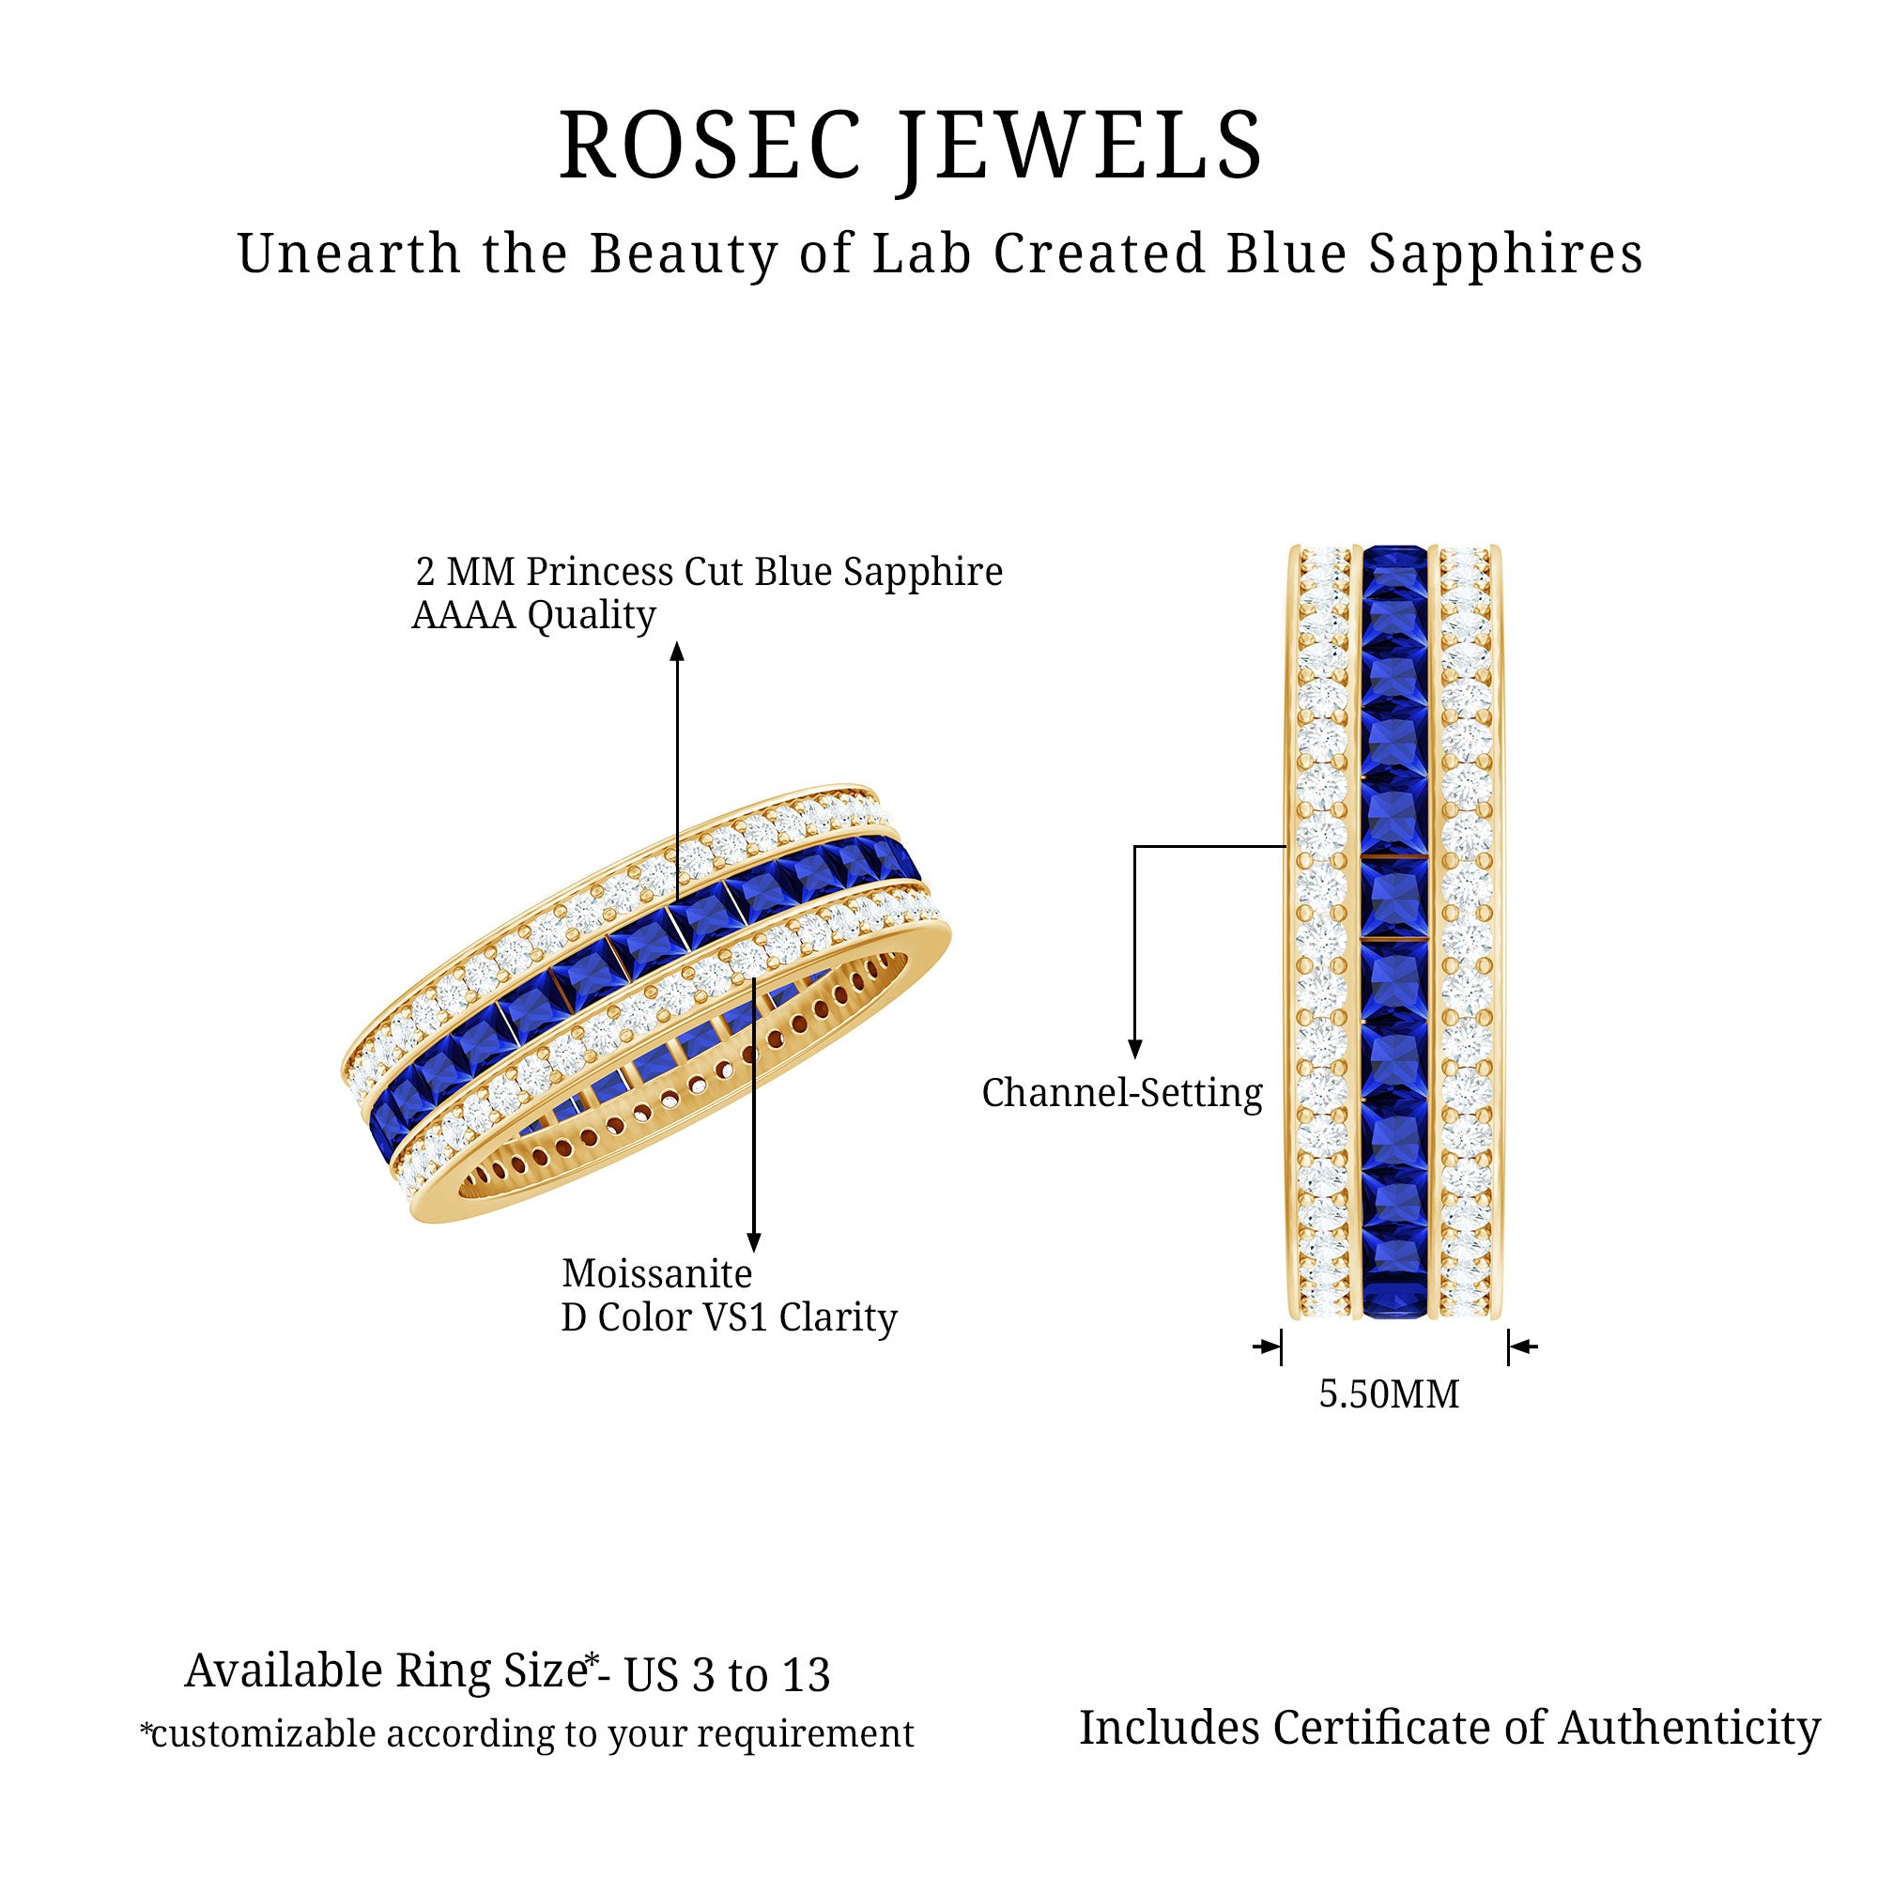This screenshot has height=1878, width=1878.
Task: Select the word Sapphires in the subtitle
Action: pyautogui.click(x=1506, y=255)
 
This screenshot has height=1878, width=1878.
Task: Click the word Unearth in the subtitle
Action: pyautogui.click(x=349, y=254)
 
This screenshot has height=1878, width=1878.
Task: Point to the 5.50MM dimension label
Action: pyautogui.click(x=1389, y=1395)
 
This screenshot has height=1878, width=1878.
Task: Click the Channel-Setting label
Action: pyautogui.click(x=1122, y=1093)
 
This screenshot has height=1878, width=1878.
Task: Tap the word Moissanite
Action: pyautogui.click(x=657, y=1273)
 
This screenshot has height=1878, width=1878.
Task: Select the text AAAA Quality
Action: pyautogui.click(x=533, y=615)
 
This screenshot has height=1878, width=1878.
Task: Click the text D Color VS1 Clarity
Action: pyautogui.click(x=729, y=1318)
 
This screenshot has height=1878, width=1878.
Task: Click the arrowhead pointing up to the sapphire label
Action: pyautogui.click(x=678, y=651)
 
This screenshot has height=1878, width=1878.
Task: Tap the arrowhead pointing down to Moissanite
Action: pyautogui.click(x=753, y=1242)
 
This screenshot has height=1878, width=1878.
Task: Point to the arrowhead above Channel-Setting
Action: pyautogui.click(x=1134, y=1049)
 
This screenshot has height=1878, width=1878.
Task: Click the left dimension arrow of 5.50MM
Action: pyautogui.click(x=1269, y=1347)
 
